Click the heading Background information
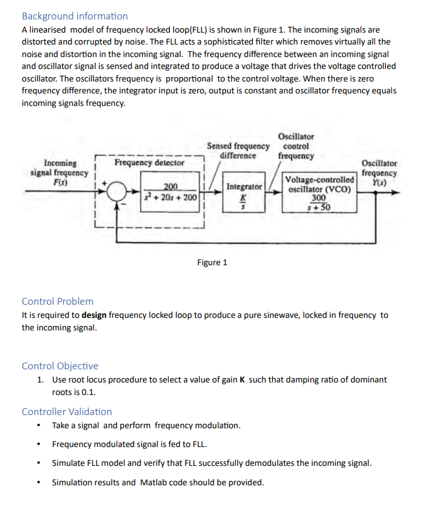point(75,16)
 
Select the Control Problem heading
point(58,301)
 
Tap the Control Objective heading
point(60,366)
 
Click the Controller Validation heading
point(67,411)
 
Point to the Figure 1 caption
point(212,262)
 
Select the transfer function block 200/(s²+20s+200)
point(171,192)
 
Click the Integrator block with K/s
point(244,192)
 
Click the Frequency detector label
point(149,163)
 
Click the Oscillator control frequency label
point(295,145)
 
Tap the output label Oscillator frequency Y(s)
point(380,172)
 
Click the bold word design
point(93,315)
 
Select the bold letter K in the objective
point(242,379)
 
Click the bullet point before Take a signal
point(40,426)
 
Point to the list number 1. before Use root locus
point(40,379)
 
